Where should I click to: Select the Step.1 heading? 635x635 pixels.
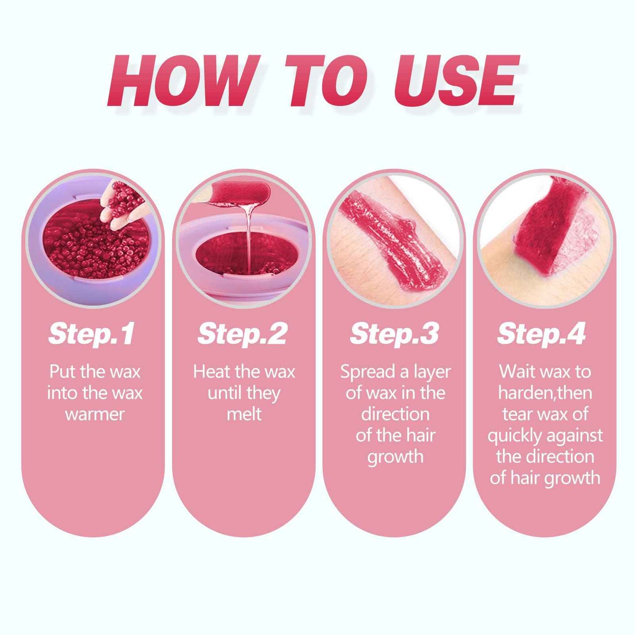click(91, 334)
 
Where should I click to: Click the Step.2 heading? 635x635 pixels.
click(243, 334)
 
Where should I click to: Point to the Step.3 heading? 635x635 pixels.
click(394, 334)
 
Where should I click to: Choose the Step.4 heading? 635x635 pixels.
click(541, 334)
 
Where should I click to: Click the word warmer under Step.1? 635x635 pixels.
click(95, 414)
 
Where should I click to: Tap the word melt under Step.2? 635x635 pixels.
click(244, 414)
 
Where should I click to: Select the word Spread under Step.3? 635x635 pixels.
click(367, 372)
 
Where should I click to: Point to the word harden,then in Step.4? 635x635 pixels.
click(545, 393)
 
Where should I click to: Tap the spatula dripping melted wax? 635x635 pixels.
click(239, 193)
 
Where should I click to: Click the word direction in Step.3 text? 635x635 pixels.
click(395, 414)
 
